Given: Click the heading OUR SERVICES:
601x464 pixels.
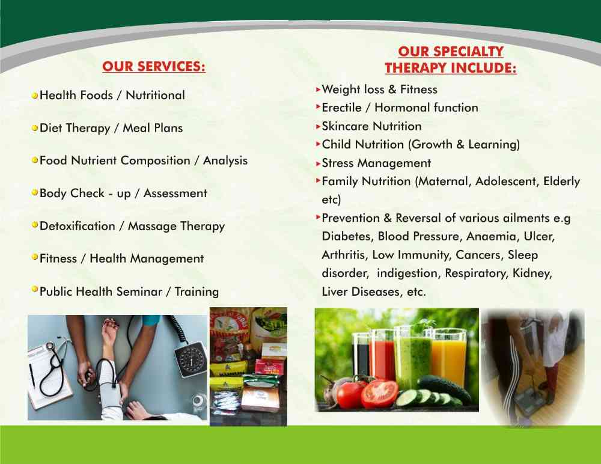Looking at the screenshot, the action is point(154,66).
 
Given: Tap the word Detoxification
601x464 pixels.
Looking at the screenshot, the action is point(78,226).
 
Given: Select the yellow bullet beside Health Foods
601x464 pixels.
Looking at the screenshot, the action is point(35,95).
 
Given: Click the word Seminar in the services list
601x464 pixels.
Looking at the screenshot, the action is point(139,292).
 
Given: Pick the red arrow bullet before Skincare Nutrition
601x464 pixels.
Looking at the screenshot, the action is point(318,126).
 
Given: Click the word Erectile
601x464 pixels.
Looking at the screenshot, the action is point(341,108).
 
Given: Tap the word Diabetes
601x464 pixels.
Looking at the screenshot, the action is point(347,236).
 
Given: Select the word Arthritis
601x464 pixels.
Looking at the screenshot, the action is point(343,255).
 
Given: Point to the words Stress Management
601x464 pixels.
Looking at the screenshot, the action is point(376,163).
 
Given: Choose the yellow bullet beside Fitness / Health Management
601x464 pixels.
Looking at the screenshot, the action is point(35,257).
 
